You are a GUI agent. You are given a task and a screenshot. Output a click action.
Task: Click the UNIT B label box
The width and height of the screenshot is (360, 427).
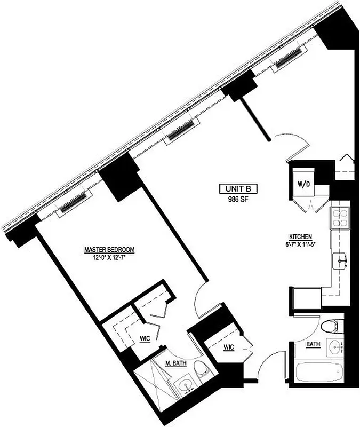(x=238, y=188)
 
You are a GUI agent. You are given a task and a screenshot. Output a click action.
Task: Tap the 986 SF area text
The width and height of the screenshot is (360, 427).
(x=238, y=199)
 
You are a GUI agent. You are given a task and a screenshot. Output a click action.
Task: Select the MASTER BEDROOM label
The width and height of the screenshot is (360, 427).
(x=109, y=249)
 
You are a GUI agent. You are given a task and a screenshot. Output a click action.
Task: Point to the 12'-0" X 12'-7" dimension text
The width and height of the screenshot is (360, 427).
(x=109, y=257)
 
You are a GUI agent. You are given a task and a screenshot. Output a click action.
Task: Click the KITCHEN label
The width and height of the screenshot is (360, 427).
(x=300, y=237)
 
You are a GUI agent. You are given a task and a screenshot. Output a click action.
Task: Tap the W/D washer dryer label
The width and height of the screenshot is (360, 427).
(x=305, y=184)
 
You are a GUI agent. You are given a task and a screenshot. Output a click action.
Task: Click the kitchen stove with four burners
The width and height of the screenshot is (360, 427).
(x=340, y=217)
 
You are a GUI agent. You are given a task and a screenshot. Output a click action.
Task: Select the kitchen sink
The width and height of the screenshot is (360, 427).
(x=341, y=262)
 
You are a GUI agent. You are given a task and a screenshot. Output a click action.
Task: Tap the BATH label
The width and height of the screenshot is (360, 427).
(x=313, y=345)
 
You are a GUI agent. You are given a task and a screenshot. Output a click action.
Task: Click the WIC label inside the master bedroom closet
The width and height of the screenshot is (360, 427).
(x=144, y=338)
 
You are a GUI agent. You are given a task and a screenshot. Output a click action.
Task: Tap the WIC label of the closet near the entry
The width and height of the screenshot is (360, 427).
(x=228, y=347)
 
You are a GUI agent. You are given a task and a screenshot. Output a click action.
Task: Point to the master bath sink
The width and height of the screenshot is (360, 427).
(x=185, y=385)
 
